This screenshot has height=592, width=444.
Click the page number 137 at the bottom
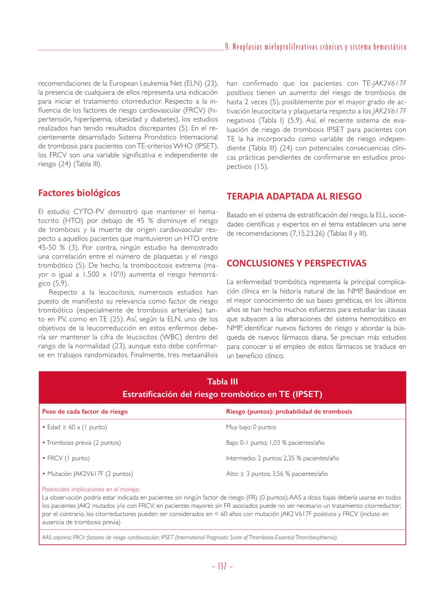tap(222, 566)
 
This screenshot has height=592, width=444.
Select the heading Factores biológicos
tap(79, 193)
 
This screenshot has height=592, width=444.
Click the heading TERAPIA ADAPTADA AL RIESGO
tap(294, 197)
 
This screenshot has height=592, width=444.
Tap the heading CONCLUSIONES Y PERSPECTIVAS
tap(296, 264)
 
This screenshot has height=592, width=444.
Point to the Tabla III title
tap(222, 381)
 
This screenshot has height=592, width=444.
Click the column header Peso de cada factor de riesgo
tap(85, 412)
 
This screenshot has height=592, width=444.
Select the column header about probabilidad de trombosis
tap(289, 412)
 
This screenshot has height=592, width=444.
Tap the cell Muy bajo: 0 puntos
tap(251, 427)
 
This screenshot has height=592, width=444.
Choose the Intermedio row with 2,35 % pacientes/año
tap(282, 458)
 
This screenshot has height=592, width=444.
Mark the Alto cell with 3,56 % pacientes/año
tap(277, 474)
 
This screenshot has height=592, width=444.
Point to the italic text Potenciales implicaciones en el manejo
tap(91, 490)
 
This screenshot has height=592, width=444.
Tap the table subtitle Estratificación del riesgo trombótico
tap(222, 394)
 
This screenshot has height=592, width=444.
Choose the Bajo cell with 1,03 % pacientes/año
tap(275, 443)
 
